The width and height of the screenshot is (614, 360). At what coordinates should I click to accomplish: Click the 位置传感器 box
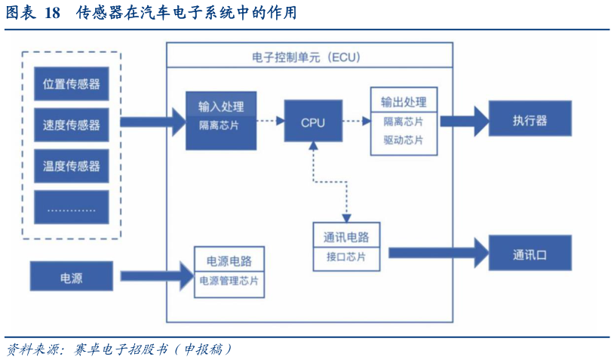tap(72, 85)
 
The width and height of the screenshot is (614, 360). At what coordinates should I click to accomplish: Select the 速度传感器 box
tap(72, 125)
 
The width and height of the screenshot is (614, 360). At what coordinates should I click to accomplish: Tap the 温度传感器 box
tap(72, 165)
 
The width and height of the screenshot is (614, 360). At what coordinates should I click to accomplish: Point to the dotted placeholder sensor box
tap(72, 207)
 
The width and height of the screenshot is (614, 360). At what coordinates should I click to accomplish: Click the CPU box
tap(312, 121)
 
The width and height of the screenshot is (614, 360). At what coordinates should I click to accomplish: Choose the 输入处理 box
tap(221, 119)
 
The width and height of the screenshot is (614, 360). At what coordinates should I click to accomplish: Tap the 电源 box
tap(72, 277)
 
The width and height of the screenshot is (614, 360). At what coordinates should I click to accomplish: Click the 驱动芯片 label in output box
tap(403, 140)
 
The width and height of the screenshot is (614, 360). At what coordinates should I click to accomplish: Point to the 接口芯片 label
tap(346, 257)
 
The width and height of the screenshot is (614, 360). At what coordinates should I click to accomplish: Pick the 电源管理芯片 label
tap(229, 281)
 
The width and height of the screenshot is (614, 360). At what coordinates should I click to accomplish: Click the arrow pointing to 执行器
tap(463, 119)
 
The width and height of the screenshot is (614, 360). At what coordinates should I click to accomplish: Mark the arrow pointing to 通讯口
tap(437, 252)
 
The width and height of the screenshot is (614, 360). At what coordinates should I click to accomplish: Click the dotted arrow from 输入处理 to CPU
tap(269, 119)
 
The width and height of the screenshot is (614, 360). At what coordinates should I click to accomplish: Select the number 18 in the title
tap(52, 14)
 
